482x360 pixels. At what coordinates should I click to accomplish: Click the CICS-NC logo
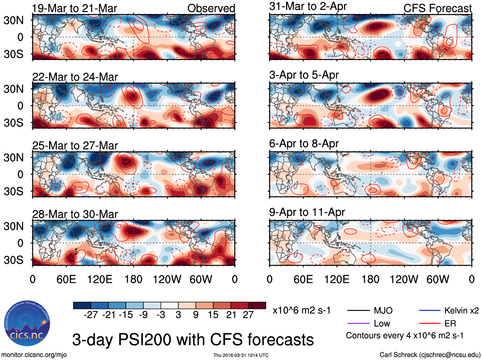27,324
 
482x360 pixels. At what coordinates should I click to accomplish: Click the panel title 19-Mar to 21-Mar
74,8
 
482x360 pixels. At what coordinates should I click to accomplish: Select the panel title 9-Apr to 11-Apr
307,212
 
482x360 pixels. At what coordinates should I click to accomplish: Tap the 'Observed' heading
211,8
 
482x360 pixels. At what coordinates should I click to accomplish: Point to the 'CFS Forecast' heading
437,8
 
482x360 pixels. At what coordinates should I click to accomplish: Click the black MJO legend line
358,310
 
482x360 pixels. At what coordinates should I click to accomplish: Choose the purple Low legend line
358,324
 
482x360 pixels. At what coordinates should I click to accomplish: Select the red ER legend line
430,324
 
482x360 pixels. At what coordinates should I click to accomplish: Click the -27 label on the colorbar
91,315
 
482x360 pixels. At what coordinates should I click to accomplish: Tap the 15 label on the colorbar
213,315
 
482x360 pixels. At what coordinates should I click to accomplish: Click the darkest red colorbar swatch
257,305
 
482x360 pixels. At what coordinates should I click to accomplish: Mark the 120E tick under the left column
100,280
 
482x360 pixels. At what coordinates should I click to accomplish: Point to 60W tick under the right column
438,280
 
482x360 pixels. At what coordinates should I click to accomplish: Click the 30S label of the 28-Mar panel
13,260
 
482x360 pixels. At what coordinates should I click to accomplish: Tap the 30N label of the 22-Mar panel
13,89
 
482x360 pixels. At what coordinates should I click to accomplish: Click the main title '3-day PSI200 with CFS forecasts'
193,340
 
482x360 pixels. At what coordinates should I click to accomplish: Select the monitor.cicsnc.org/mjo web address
34,355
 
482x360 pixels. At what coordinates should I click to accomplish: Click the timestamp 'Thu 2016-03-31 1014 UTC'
241,355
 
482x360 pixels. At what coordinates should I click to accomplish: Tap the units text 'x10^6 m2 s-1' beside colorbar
301,310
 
